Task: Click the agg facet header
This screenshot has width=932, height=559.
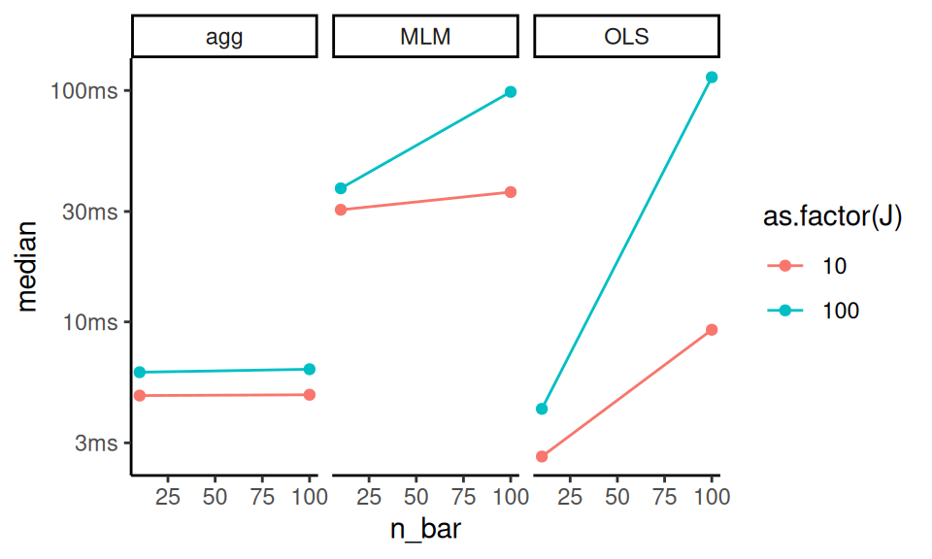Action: click(x=224, y=38)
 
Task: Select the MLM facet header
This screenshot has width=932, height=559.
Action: click(x=425, y=38)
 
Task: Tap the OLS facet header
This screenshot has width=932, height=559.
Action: click(x=626, y=38)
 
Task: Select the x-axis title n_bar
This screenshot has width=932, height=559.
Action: click(x=425, y=532)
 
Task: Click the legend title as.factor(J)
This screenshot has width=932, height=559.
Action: click(x=832, y=219)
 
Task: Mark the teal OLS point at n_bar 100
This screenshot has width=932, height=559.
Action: click(x=712, y=77)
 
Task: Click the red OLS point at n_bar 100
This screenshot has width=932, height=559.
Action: click(x=712, y=330)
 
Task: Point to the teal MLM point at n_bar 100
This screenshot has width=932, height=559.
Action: click(x=511, y=92)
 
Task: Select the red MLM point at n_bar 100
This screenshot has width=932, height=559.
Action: click(x=511, y=192)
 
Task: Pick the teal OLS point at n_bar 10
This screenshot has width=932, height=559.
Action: click(x=542, y=409)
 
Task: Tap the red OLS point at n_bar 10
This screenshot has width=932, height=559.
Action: click(x=542, y=456)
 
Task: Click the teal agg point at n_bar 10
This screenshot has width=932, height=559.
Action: click(x=140, y=372)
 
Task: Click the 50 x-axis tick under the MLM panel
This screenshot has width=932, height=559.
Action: click(x=416, y=496)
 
